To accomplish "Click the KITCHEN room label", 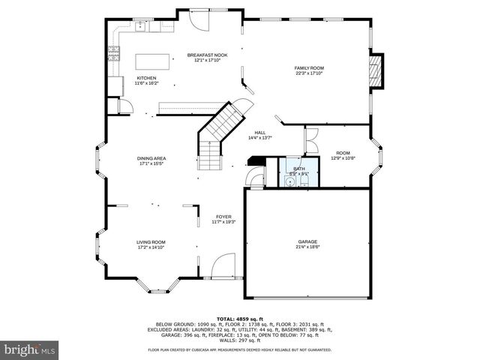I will pyautogui.click(x=146, y=78).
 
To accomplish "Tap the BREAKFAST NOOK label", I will pyautogui.click(x=207, y=55).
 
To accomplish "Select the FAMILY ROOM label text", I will pyautogui.click(x=309, y=68).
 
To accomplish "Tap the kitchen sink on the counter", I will pyautogui.click(x=142, y=27).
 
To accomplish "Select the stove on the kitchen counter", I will pyautogui.click(x=114, y=52).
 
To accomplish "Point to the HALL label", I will pyautogui.click(x=259, y=133).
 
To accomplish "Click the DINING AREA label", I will pyautogui.click(x=151, y=158).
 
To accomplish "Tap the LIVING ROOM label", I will pyautogui.click(x=151, y=242).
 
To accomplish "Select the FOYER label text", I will pyautogui.click(x=223, y=217).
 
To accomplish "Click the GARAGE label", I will pyautogui.click(x=307, y=241).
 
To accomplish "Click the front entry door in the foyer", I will pyautogui.click(x=223, y=266).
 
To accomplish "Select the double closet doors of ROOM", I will pyautogui.click(x=311, y=139).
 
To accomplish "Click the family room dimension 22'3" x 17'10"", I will pyautogui.click(x=309, y=73).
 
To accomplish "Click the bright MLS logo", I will pyautogui.click(x=30, y=349).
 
